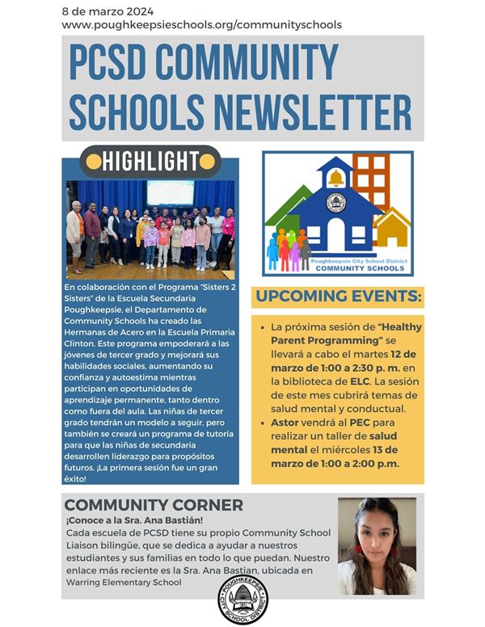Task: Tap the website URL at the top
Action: (x=201, y=25)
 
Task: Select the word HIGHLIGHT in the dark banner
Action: (x=150, y=162)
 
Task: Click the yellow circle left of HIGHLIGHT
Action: (x=91, y=162)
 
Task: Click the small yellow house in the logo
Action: (x=393, y=228)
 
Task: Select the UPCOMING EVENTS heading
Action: (x=338, y=297)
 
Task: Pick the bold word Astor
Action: (x=286, y=421)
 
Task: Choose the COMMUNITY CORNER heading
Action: (x=154, y=505)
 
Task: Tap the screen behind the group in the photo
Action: (x=170, y=192)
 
